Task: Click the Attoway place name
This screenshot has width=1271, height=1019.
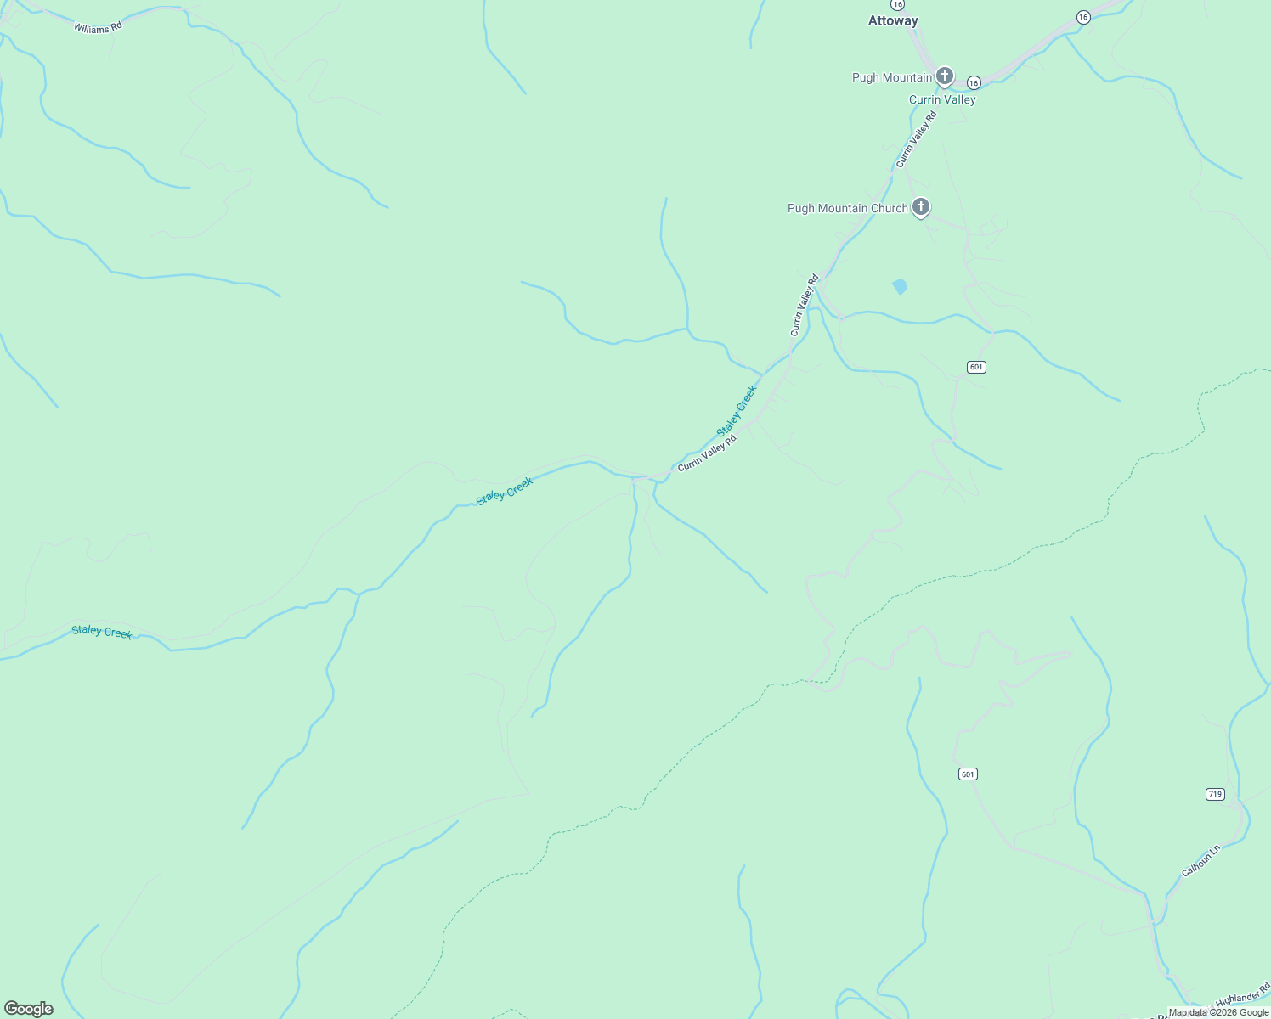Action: coord(893,20)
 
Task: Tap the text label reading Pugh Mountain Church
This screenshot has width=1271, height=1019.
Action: coord(847,208)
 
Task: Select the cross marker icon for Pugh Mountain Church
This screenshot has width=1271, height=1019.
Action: coord(921,206)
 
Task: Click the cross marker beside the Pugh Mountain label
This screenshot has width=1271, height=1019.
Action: coord(944,76)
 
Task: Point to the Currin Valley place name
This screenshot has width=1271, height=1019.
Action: coord(942,99)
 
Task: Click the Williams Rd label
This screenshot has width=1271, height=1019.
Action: coord(98,27)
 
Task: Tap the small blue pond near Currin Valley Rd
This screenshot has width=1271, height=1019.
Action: coord(899,286)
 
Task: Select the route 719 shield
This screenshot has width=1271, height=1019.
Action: coord(1215,794)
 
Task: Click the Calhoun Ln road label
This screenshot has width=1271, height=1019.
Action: coord(1200,860)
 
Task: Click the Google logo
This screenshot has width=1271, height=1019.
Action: coord(29,1009)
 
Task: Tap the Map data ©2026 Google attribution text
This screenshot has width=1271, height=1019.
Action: coord(1218,1012)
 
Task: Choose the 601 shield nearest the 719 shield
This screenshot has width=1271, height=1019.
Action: coord(968,774)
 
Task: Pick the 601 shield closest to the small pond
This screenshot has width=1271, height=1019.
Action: coord(976,367)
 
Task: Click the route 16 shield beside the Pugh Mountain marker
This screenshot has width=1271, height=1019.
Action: coord(974,82)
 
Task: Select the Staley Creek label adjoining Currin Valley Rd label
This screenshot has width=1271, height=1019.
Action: coord(737,411)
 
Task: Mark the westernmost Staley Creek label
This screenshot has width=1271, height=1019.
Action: coord(102,632)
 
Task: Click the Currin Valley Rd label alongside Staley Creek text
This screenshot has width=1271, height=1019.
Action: coord(707,453)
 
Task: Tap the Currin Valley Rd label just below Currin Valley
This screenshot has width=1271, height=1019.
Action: coord(916,139)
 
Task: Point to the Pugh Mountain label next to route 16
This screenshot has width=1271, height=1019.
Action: coord(891,77)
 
